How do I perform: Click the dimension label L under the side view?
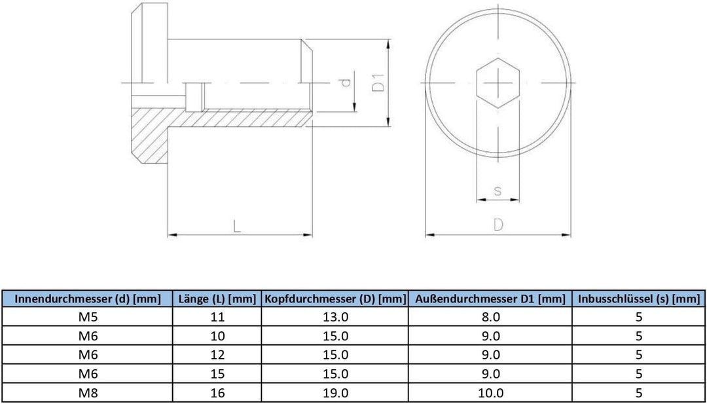pyautogui.click(x=237, y=226)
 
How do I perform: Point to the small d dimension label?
pyautogui.click(x=346, y=83)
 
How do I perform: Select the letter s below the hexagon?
pyautogui.click(x=498, y=191)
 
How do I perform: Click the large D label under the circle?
pyautogui.click(x=498, y=225)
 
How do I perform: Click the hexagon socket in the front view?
pyautogui.click(x=498, y=83)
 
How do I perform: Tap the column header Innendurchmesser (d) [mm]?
pyautogui.click(x=88, y=299)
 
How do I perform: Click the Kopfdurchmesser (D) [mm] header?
pyautogui.click(x=335, y=299)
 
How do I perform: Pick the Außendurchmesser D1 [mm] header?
pyautogui.click(x=490, y=299)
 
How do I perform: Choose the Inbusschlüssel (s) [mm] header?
pyautogui.click(x=638, y=299)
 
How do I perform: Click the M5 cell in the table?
pyautogui.click(x=88, y=318)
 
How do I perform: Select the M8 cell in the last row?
pyautogui.click(x=88, y=393)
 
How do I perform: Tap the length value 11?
pyautogui.click(x=218, y=318)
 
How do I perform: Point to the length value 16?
pyautogui.click(x=218, y=393)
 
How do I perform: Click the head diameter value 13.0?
pyautogui.click(x=335, y=318)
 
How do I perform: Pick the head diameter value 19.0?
pyautogui.click(x=335, y=393)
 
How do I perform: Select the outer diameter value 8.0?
pyautogui.click(x=490, y=318)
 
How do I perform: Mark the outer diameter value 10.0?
pyautogui.click(x=490, y=393)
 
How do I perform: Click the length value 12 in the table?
pyautogui.click(x=218, y=356)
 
